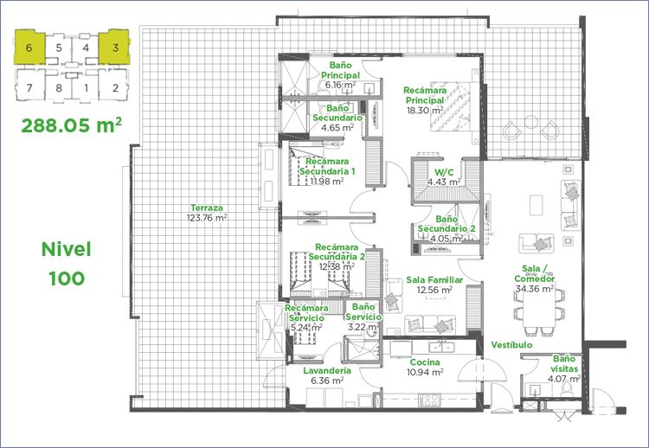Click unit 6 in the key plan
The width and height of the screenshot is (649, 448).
(x=29, y=47)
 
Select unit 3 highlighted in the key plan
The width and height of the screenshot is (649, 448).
(x=114, y=47)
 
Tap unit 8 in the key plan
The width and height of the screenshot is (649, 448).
(x=59, y=87)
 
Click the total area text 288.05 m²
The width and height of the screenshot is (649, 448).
(x=72, y=125)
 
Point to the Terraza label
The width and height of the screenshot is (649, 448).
(x=207, y=208)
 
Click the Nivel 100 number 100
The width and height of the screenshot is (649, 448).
(x=67, y=278)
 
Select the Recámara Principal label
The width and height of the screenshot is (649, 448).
(x=425, y=95)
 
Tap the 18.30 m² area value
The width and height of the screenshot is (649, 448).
(x=425, y=111)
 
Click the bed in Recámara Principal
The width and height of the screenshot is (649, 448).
(x=454, y=106)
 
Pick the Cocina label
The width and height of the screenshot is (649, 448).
(x=425, y=362)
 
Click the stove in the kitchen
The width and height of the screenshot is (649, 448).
(x=429, y=400)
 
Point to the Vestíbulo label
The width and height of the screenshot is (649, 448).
(x=512, y=344)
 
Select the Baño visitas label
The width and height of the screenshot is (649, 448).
(x=563, y=363)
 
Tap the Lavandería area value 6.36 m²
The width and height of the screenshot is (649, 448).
(x=326, y=381)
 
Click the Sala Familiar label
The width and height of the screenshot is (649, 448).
(x=434, y=280)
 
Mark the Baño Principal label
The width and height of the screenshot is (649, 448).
(x=340, y=70)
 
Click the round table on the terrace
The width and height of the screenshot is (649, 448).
(x=530, y=122)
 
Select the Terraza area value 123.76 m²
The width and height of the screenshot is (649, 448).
(x=207, y=218)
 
